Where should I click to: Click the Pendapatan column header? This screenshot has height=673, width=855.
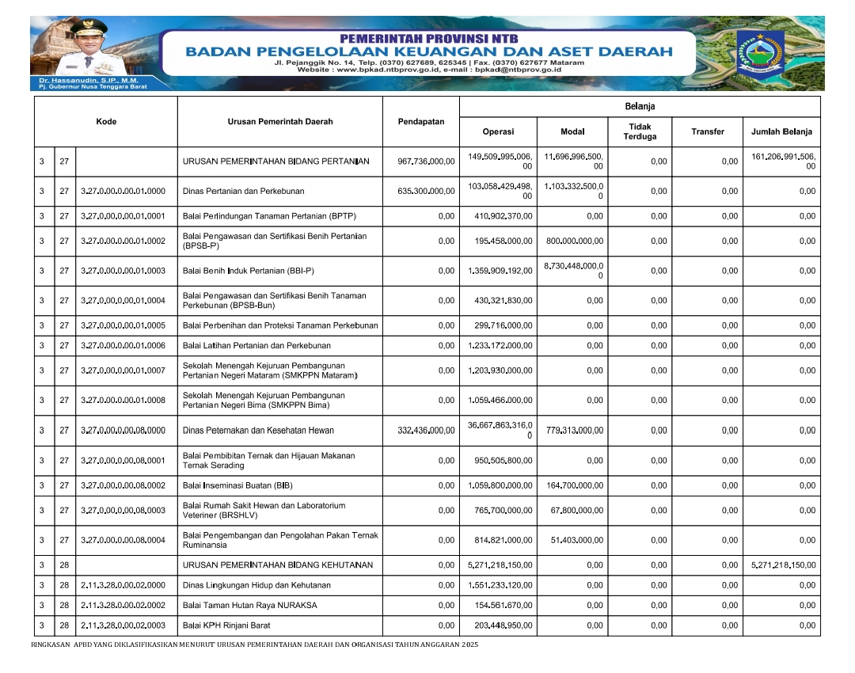click(x=421, y=122)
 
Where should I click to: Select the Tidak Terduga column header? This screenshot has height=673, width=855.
click(x=640, y=131)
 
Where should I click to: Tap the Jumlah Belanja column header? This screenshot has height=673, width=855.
click(x=781, y=131)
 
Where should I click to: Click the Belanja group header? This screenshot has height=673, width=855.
click(x=640, y=106)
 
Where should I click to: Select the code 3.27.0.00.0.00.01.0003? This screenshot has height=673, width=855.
click(x=123, y=271)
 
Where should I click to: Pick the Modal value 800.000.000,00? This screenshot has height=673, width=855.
click(x=575, y=241)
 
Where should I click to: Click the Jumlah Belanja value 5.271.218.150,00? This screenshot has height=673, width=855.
click(x=783, y=565)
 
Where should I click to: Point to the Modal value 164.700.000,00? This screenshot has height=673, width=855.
click(x=575, y=485)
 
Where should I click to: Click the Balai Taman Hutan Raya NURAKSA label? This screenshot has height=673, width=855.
click(x=249, y=606)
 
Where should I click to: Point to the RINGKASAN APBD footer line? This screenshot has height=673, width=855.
click(x=254, y=645)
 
